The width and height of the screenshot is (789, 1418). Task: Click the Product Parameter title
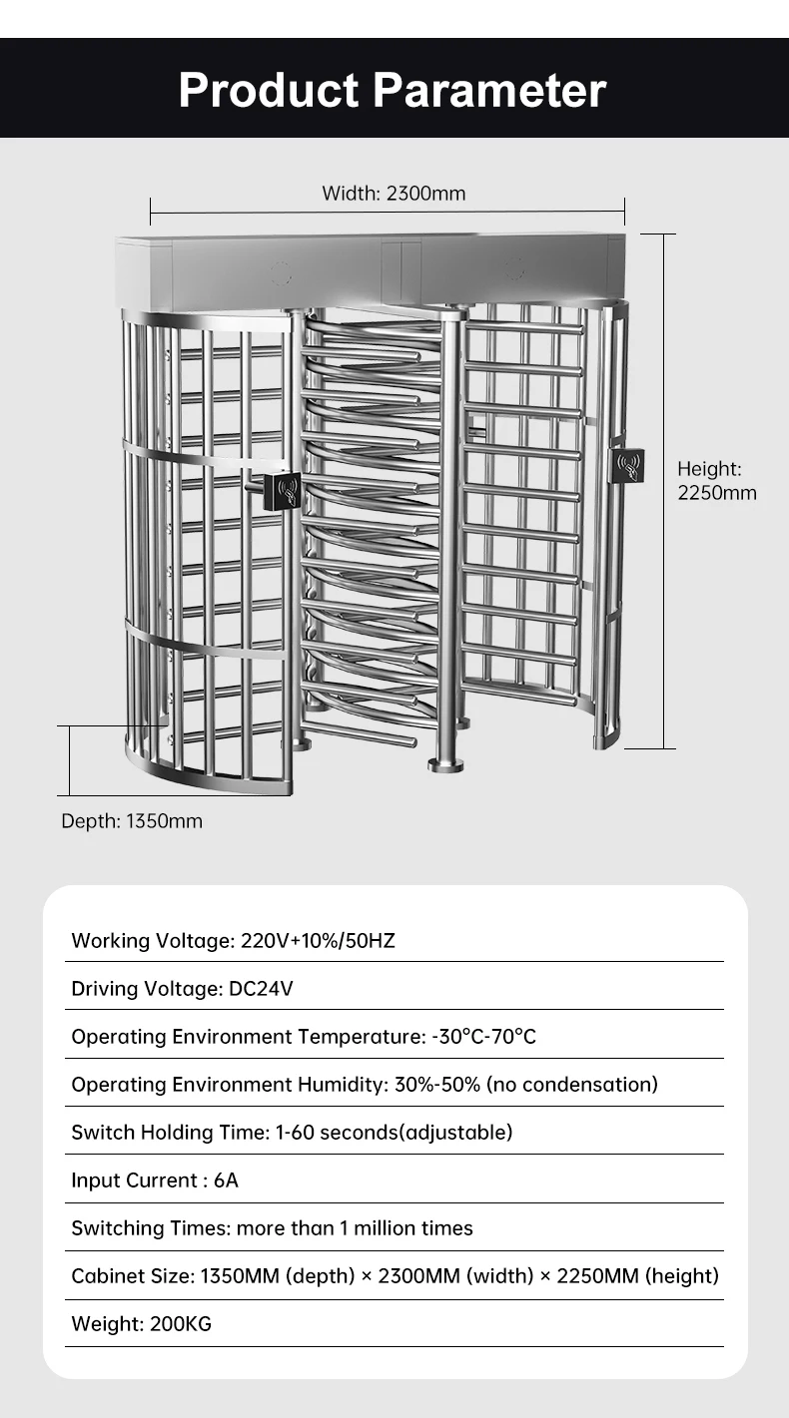393,90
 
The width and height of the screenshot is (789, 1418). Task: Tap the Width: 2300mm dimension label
394,193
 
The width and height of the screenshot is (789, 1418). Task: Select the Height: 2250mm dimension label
717,480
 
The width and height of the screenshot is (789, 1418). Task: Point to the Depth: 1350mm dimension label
132,821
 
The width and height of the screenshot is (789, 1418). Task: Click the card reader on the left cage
282,491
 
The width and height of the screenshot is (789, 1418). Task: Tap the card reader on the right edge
628,465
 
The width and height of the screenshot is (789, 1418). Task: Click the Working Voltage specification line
233,940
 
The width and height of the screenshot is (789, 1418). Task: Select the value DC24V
262,988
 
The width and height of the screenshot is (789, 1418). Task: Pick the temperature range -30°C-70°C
484,1036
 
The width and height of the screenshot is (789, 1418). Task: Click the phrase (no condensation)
572,1084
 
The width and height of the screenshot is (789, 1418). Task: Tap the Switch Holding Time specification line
292,1132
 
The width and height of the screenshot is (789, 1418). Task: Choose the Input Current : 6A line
155,1181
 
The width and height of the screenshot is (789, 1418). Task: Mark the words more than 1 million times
355,1228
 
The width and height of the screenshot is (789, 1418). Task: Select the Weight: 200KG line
142,1324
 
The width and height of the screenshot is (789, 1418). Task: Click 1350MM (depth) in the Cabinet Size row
275,1276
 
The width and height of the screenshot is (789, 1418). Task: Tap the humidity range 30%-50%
436,1084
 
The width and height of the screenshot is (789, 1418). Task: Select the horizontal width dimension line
388,211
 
